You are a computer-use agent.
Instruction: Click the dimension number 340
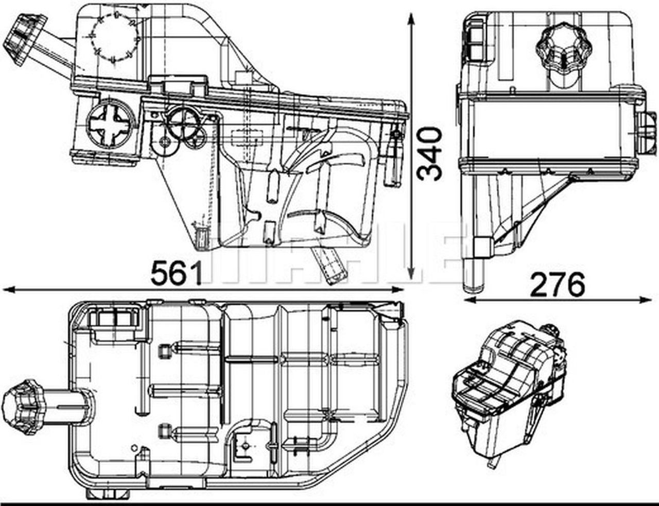(429, 154)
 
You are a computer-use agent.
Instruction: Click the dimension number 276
(558, 284)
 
